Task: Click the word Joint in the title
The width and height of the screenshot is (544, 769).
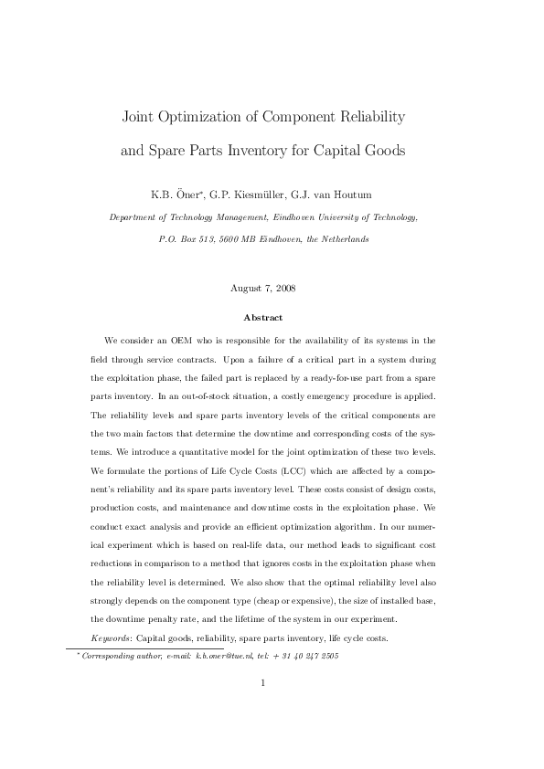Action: [139, 118]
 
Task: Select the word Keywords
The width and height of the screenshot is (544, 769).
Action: [111, 637]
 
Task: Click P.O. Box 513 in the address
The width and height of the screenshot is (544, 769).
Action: [186, 238]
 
